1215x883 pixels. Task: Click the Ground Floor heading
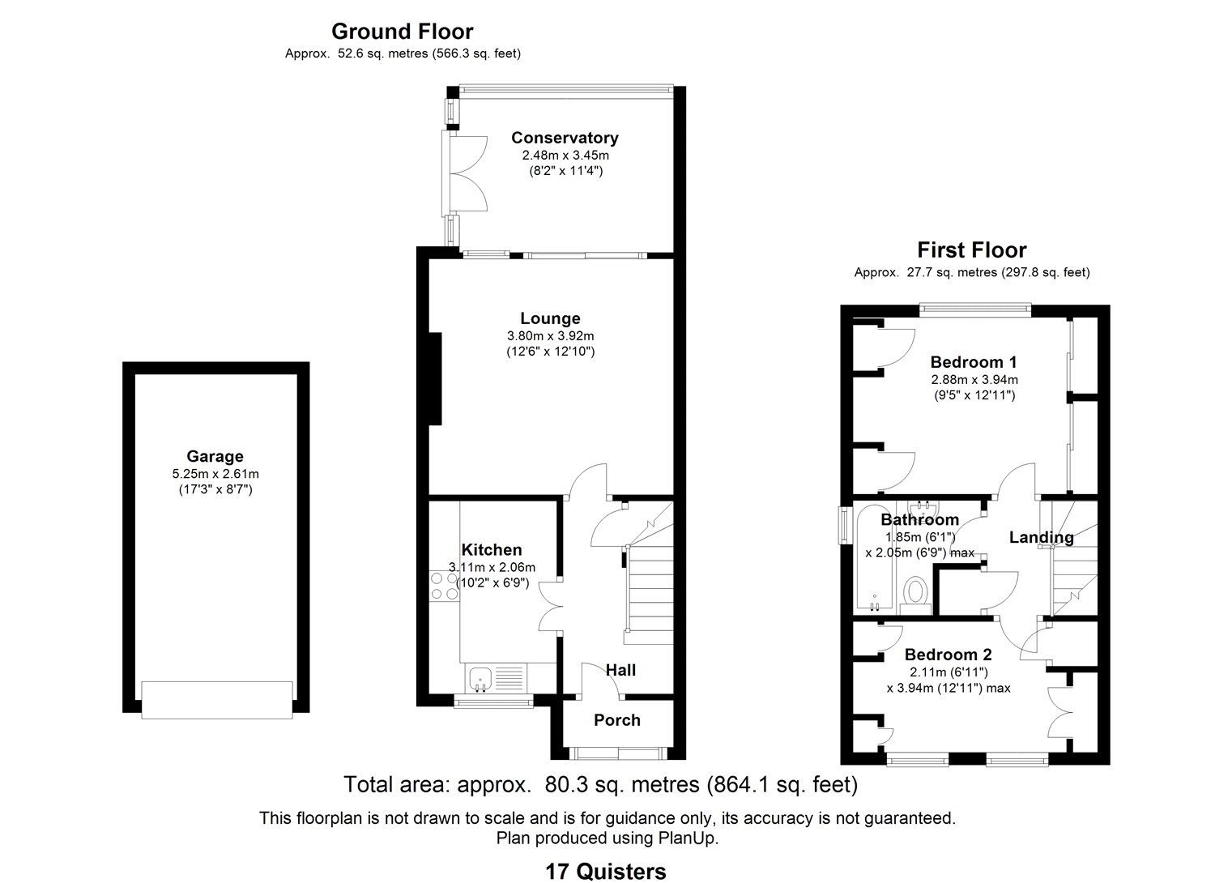click(x=402, y=32)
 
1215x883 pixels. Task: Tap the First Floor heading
click(x=971, y=250)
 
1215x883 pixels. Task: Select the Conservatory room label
click(x=565, y=138)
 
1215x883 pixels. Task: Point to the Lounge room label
click(x=550, y=318)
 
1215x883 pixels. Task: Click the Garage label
click(x=215, y=457)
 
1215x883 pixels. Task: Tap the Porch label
click(x=616, y=720)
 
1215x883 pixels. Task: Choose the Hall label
click(x=620, y=671)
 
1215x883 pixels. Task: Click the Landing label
click(x=1041, y=538)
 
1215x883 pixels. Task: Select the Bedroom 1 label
click(x=974, y=362)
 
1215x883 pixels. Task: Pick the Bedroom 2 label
click(x=949, y=655)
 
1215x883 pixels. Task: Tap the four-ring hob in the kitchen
click(x=444, y=586)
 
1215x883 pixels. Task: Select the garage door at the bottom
click(x=217, y=700)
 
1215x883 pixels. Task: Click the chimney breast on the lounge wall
click(x=435, y=378)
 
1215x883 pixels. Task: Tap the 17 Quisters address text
click(x=605, y=872)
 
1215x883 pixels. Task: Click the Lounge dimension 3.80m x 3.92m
click(x=551, y=336)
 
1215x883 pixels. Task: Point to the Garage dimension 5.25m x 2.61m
click(x=215, y=474)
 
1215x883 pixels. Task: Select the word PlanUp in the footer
click(x=688, y=838)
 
